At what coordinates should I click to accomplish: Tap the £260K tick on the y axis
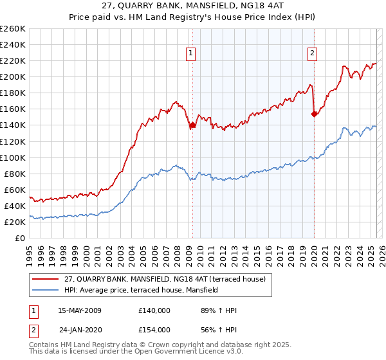tap(12, 29)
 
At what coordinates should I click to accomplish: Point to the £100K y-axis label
tap(12, 157)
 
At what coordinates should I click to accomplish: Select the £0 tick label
tap(19, 238)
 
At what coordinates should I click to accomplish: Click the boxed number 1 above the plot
tap(192, 54)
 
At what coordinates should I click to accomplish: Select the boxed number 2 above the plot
tap(312, 54)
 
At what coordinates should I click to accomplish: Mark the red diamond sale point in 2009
tap(192, 125)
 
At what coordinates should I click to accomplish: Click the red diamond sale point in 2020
tap(314, 114)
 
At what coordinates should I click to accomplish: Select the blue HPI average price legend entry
tap(142, 290)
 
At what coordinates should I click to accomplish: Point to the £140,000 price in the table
tap(154, 310)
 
